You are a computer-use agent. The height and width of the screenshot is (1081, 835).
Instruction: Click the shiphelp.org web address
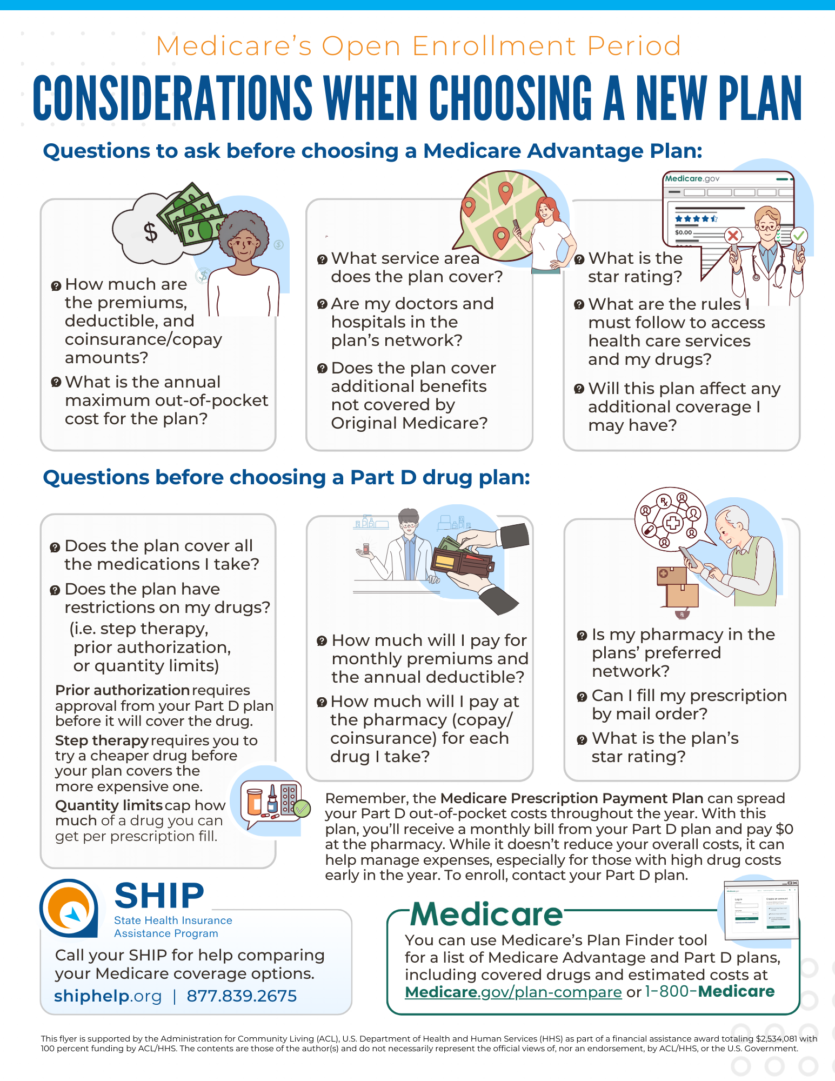(108, 996)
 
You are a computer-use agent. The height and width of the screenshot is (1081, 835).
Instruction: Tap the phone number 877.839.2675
(242, 996)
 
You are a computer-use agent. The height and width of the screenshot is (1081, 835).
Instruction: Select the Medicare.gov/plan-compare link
(513, 992)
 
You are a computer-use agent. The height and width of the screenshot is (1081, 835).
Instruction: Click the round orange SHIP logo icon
(69, 908)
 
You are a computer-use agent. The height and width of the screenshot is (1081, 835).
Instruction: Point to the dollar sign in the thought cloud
(151, 232)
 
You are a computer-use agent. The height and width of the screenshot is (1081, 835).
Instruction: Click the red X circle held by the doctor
(733, 236)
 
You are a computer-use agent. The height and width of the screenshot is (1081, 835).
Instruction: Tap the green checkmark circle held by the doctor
(799, 236)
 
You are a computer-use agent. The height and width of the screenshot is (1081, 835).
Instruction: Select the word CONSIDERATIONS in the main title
(172, 98)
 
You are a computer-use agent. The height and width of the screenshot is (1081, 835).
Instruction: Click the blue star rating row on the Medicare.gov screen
(696, 219)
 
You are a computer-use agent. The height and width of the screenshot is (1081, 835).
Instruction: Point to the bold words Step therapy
(102, 740)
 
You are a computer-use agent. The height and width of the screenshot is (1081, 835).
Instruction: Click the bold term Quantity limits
(109, 805)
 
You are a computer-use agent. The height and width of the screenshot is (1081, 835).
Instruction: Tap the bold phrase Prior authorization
(122, 690)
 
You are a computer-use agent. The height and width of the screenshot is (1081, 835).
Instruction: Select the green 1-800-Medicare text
(710, 991)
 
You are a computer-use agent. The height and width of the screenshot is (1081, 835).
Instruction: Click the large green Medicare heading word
(486, 915)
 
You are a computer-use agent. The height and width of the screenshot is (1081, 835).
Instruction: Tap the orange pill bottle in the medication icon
(254, 802)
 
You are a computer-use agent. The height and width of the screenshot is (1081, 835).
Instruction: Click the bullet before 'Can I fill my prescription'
(582, 697)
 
